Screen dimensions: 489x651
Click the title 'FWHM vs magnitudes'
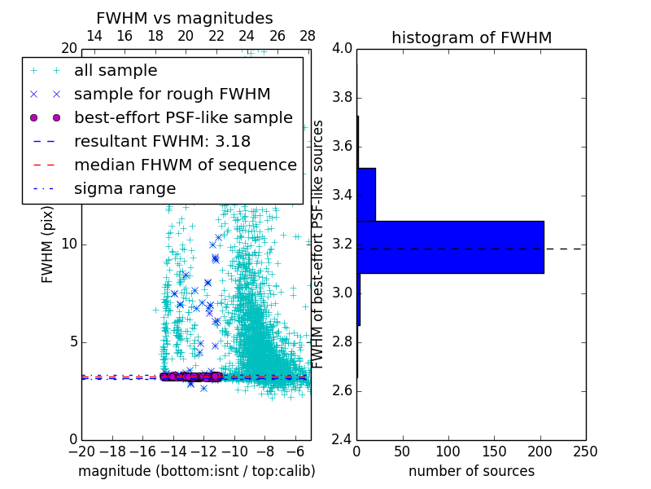[185, 18]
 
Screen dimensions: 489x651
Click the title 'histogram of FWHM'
[471, 37]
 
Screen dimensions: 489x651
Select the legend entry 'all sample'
[116, 70]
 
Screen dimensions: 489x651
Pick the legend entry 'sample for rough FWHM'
[172, 94]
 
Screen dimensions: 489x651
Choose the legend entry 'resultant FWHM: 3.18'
[162, 141]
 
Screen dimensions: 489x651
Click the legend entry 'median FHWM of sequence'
[185, 165]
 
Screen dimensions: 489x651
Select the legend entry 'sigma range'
[125, 188]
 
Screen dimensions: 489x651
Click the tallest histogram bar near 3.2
[450, 247]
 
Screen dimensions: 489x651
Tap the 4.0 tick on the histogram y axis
[342, 49]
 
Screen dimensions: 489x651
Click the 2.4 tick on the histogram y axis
[342, 439]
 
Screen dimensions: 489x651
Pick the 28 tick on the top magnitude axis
[308, 37]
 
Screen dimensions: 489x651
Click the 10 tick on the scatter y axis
[70, 244]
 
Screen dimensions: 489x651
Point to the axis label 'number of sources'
[471, 471]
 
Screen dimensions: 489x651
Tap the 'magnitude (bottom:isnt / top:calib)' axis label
[196, 471]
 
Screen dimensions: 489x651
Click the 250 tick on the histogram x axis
[585, 451]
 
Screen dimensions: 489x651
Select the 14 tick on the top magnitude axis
[94, 37]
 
